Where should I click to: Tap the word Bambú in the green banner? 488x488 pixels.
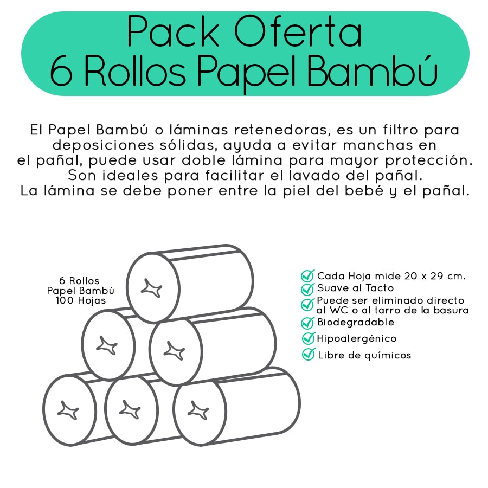click(x=373, y=70)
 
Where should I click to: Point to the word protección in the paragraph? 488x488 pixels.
click(x=429, y=160)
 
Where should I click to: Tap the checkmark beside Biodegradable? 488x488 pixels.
click(x=308, y=323)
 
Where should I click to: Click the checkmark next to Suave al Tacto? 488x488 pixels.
click(x=308, y=288)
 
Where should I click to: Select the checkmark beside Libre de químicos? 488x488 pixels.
click(x=309, y=355)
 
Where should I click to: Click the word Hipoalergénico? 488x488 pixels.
click(x=357, y=338)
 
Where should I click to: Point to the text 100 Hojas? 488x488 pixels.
click(x=81, y=300)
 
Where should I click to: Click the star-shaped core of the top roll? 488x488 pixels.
click(x=152, y=288)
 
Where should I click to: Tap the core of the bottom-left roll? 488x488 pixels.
click(x=68, y=410)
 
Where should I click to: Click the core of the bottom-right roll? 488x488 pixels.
click(x=198, y=410)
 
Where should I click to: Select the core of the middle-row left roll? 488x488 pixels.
click(x=107, y=345)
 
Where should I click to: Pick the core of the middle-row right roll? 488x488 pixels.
click(x=174, y=351)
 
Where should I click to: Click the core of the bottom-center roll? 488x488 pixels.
click(x=130, y=409)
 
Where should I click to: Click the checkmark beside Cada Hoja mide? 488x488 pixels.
click(x=308, y=276)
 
